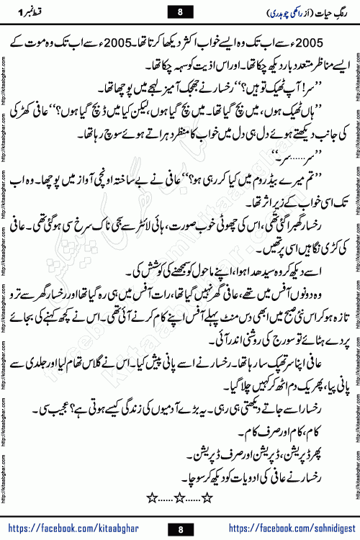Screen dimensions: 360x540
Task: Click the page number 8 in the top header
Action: point(180,12)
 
